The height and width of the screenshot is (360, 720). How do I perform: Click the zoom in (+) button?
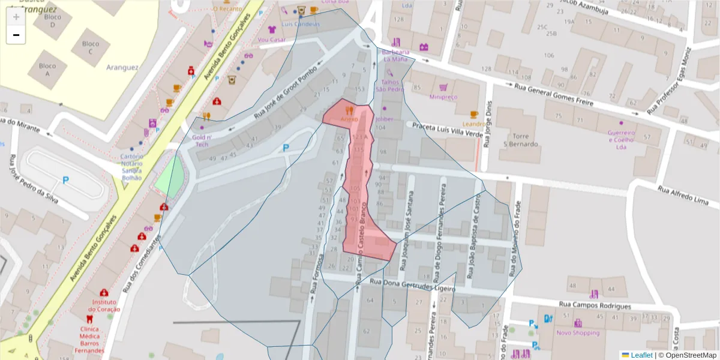point(16,17)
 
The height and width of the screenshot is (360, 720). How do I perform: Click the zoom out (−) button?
point(16,35)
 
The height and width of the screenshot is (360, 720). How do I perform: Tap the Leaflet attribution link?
point(641,355)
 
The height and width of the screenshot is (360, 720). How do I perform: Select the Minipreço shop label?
point(443,97)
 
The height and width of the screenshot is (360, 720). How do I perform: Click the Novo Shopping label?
point(577,333)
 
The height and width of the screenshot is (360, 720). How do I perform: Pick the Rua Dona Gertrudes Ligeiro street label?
point(412,285)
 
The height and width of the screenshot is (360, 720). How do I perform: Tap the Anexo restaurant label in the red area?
point(349,119)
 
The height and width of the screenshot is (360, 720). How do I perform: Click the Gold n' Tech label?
point(200,140)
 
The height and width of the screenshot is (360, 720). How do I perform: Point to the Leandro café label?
point(473,124)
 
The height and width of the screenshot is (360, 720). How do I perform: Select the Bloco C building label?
point(90,47)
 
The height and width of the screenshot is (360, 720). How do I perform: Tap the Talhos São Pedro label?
point(389,85)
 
